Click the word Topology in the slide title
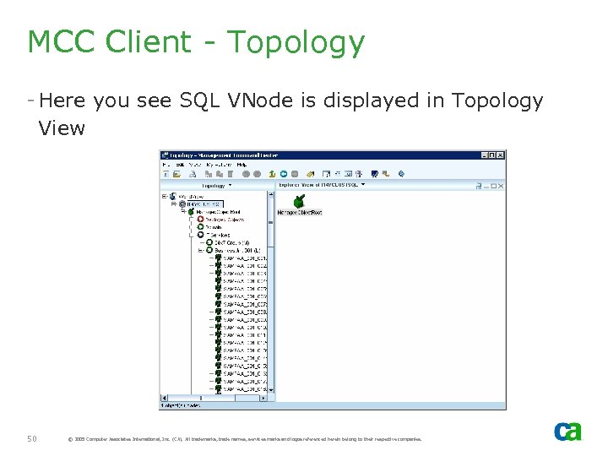coord(296,42)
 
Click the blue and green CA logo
coord(567,431)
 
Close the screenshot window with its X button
coord(501,155)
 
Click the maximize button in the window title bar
coord(492,155)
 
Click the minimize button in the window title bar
coord(484,155)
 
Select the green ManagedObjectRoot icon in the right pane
coord(299,201)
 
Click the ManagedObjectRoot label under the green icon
coord(300,213)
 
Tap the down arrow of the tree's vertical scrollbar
coord(271,389)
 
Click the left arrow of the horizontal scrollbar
coord(164,397)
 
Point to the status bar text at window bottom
coord(182,405)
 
